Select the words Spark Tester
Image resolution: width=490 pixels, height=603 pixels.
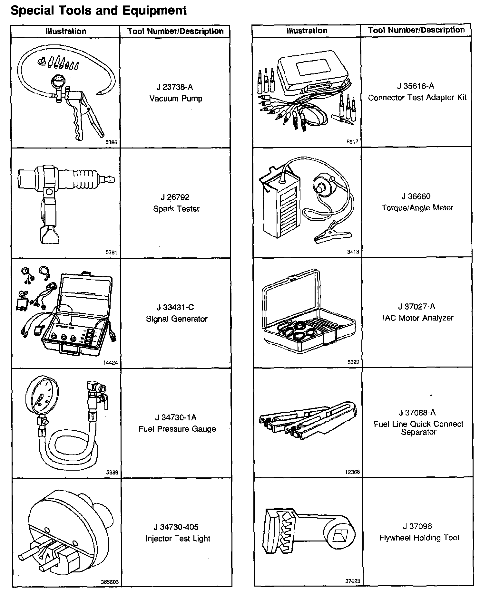[x=176, y=209]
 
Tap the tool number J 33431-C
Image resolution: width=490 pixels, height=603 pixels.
[x=175, y=307]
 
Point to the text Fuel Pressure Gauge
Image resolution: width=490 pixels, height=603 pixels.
[x=177, y=429]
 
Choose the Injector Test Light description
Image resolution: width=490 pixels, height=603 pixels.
[x=178, y=539]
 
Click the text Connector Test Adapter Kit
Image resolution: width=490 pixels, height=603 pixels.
[x=417, y=98]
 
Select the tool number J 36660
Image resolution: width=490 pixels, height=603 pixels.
[x=416, y=196]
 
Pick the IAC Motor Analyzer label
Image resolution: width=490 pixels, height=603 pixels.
[x=418, y=318]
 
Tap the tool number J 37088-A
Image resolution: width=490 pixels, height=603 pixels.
[x=417, y=413]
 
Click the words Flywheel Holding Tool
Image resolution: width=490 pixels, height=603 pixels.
[x=419, y=538]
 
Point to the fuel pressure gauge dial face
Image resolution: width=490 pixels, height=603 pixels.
[x=42, y=394]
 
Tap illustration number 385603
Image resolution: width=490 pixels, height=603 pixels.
[x=110, y=582]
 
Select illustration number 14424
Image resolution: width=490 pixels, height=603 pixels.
[x=110, y=363]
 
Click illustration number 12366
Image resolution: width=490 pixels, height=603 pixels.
[x=352, y=472]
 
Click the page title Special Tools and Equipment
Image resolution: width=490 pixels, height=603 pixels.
[x=98, y=10]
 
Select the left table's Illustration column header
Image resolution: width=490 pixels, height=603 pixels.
[x=66, y=31]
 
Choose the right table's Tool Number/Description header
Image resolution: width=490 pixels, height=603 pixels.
[x=416, y=30]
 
